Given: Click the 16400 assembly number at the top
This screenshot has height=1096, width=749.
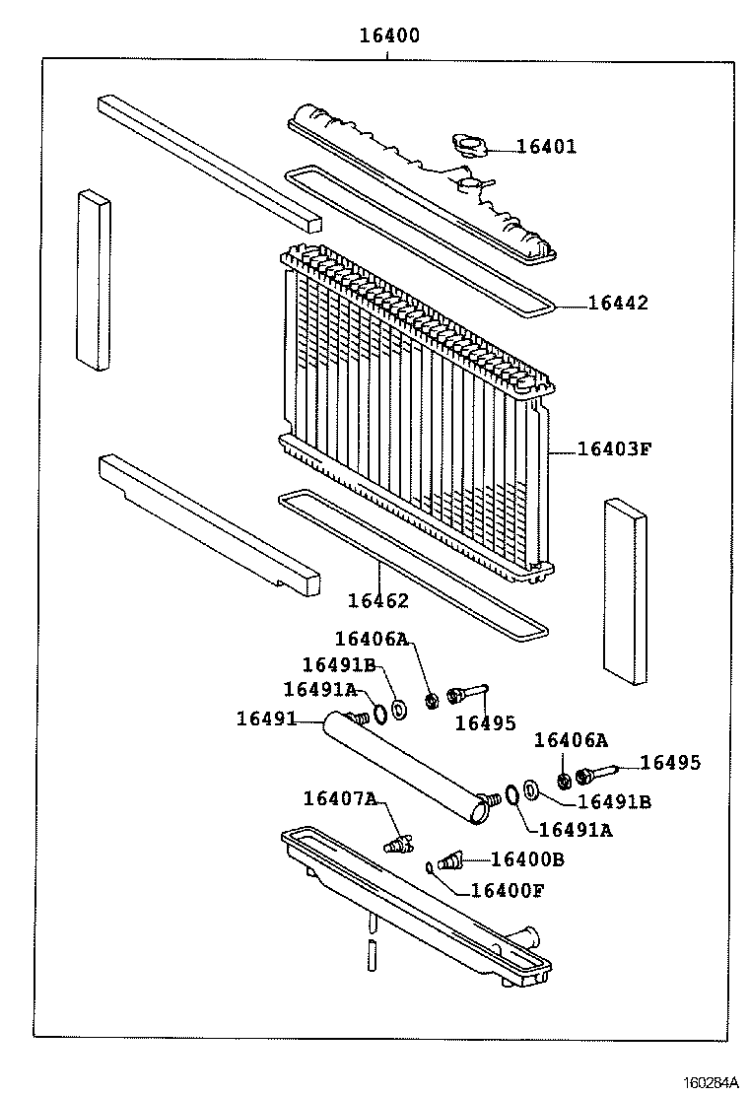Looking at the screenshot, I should (388, 36).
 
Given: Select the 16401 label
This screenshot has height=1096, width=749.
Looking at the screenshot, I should (546, 147).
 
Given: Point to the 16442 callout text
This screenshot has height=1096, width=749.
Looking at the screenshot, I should (618, 303).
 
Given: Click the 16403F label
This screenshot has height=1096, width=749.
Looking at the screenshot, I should (614, 449).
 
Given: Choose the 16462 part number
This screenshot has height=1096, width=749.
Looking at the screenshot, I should (377, 600).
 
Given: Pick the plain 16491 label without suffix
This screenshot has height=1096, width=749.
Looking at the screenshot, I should (266, 719).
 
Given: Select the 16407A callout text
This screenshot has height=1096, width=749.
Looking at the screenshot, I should (339, 798).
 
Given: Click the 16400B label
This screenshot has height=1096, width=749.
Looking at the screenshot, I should (526, 859).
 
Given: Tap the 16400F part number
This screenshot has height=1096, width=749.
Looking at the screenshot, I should (507, 891).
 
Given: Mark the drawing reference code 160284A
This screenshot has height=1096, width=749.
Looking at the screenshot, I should (712, 1081).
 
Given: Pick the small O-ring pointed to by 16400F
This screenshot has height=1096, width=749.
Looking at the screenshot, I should (431, 866).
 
